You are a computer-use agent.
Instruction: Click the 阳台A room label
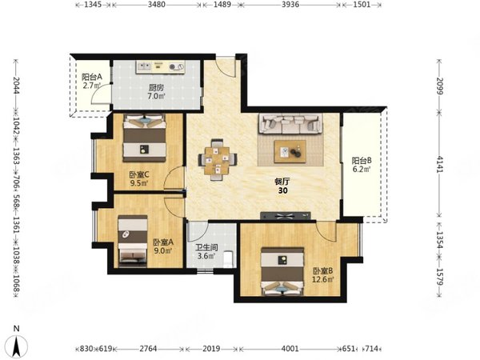pos(91,81)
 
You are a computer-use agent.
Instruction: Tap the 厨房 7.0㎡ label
pos(157,91)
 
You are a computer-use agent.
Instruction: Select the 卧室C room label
pos(139,178)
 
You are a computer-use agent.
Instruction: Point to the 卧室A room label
pos(163,246)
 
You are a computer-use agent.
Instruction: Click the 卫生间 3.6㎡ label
pos(206,251)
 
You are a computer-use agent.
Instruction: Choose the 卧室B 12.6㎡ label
pos(322,275)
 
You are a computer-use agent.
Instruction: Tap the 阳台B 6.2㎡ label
pos(362,164)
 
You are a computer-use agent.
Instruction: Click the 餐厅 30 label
pos(282,186)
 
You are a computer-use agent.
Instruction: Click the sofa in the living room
pos(290,123)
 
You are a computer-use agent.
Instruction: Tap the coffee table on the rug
pos(290,151)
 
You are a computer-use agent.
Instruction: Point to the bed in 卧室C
pos(145,138)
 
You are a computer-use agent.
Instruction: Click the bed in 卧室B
pos(282,271)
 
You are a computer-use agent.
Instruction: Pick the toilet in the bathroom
pos(228,259)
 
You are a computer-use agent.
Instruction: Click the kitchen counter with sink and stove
pos(161,66)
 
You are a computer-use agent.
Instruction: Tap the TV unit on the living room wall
pos(286,216)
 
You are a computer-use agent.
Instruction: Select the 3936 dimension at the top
pos(290,4)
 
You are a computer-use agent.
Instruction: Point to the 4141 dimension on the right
pos(440,164)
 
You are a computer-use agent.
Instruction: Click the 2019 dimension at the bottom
pos(211,348)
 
